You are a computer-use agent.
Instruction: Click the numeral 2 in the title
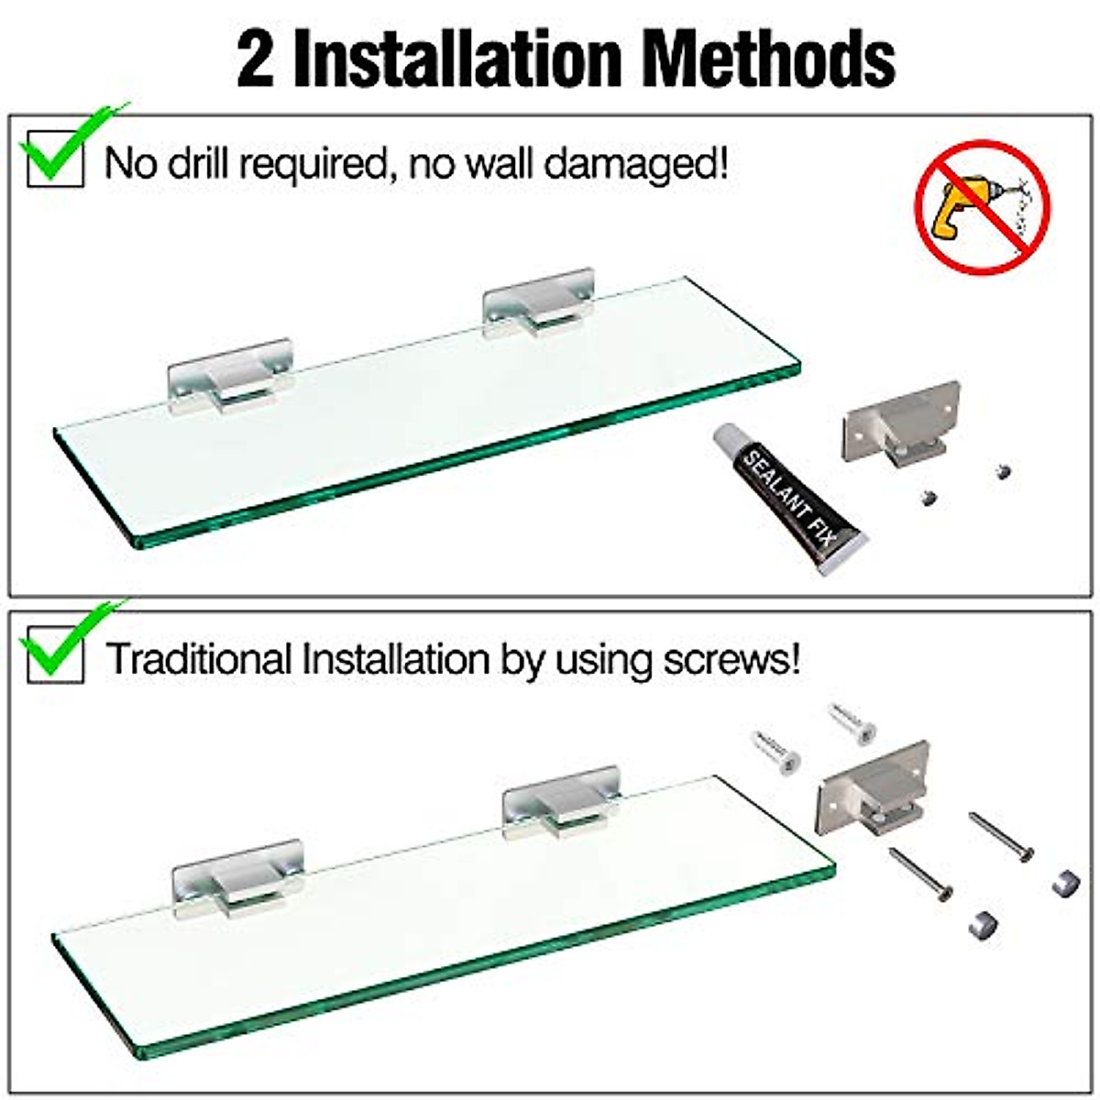pyautogui.click(x=256, y=59)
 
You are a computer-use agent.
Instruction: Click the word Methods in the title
pyautogui.click(x=768, y=59)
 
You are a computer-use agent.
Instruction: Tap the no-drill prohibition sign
pyautogui.click(x=983, y=206)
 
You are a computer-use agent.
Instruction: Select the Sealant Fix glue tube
pyautogui.click(x=790, y=500)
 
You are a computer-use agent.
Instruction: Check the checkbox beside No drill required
pyautogui.click(x=55, y=159)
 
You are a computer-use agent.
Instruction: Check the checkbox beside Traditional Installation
pyautogui.click(x=55, y=654)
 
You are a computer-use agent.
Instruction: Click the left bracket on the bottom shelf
pyautogui.click(x=238, y=878)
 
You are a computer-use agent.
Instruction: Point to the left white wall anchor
pyautogui.click(x=777, y=753)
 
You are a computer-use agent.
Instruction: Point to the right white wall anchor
pyautogui.click(x=852, y=722)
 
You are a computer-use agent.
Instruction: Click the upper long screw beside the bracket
pyautogui.click(x=1001, y=836)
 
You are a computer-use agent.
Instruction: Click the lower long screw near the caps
pyautogui.click(x=920, y=873)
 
